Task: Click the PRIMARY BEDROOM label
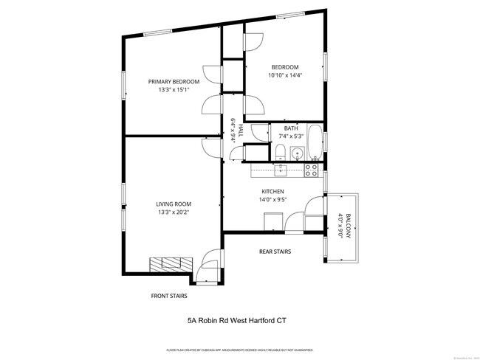pos(174,81)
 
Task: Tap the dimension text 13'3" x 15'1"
pos(174,90)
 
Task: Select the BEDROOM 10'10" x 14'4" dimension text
pos(285,75)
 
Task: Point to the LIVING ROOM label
pos(174,204)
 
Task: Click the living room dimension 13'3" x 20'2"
pos(174,213)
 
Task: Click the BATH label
pos(291,128)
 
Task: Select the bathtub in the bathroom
pos(315,143)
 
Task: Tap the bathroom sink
pos(297,154)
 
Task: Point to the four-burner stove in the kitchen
pos(312,170)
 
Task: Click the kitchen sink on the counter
pos(281,170)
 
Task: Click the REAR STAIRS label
pos(275,252)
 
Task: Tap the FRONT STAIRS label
pos(169,296)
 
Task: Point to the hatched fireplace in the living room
pos(171,264)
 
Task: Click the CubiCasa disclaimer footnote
pos(239,350)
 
